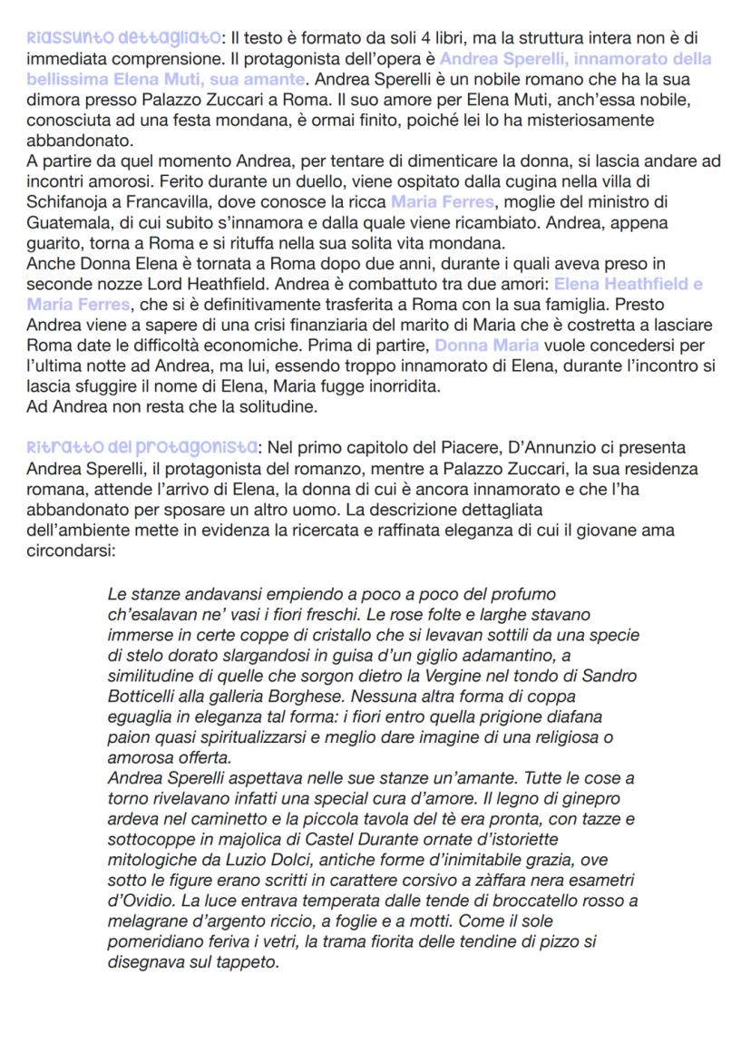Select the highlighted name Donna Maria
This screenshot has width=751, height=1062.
[x=487, y=346]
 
